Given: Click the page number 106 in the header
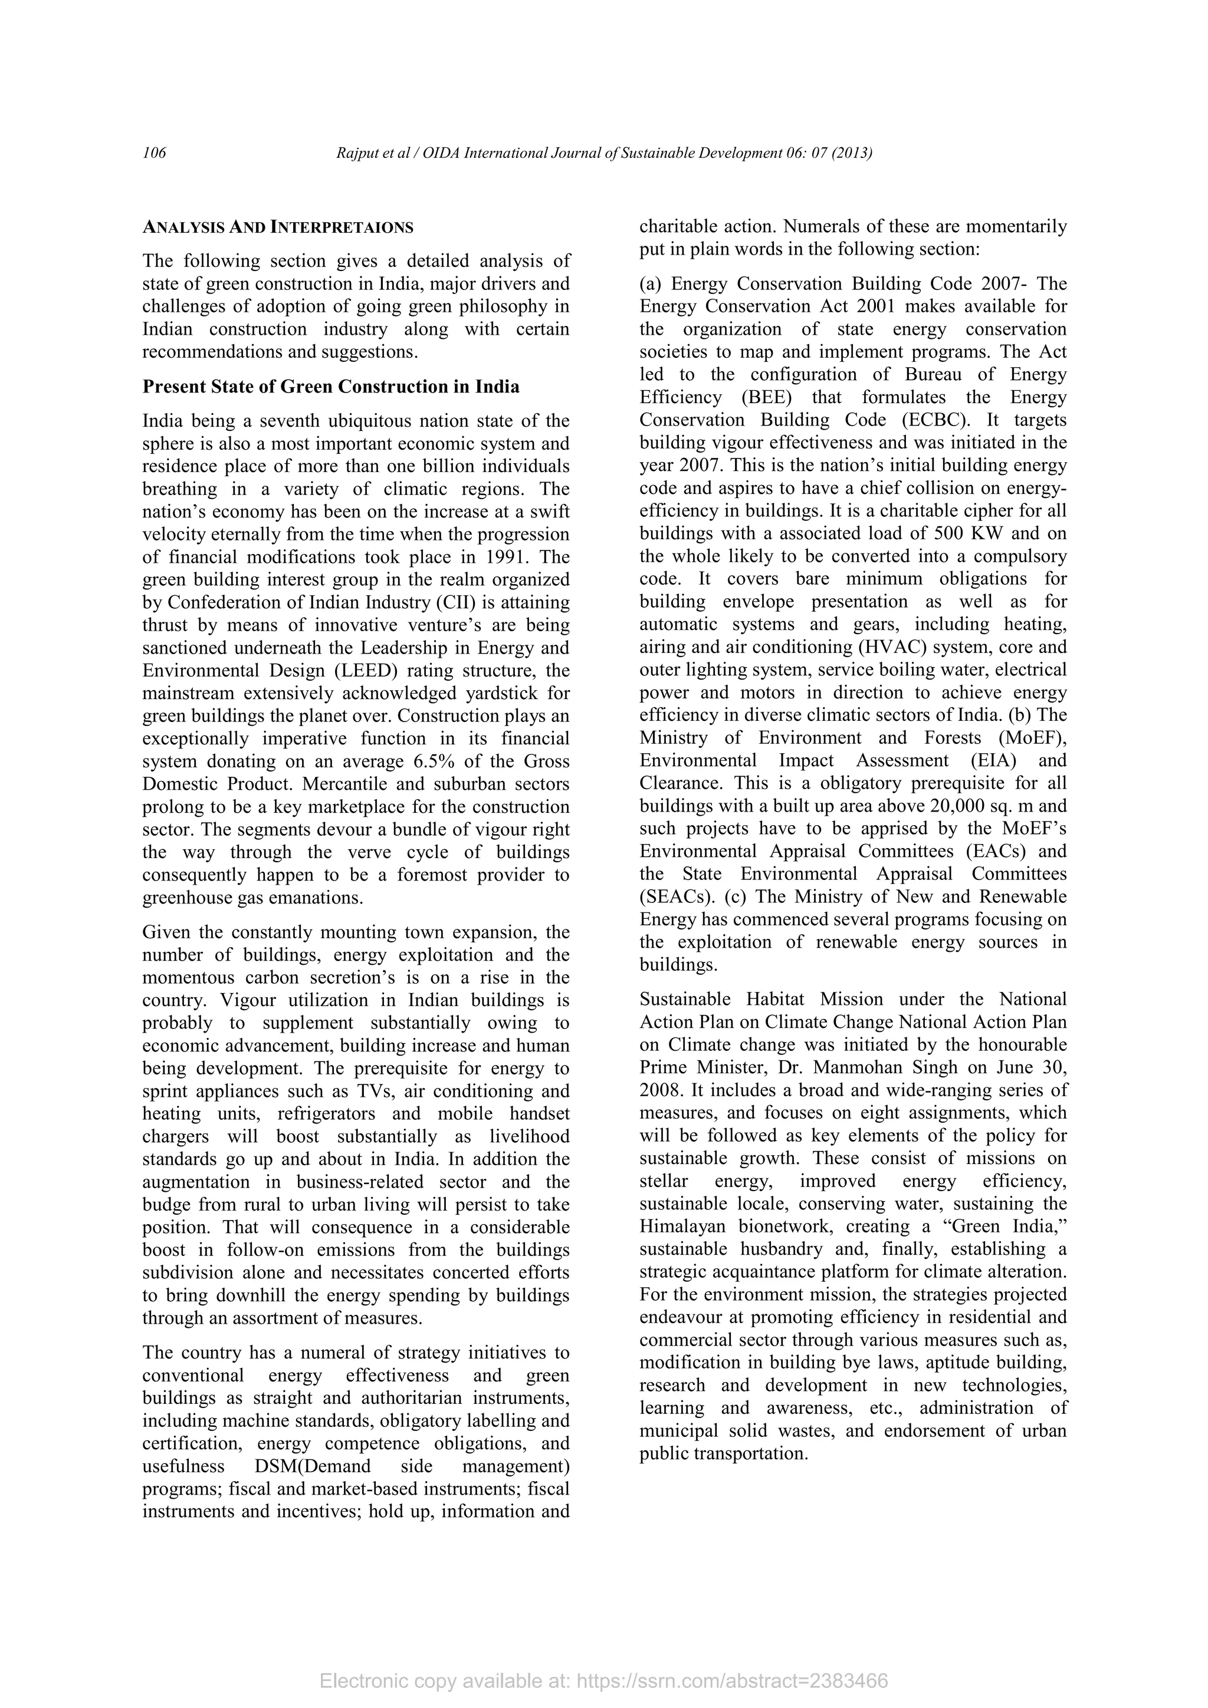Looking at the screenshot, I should click(x=154, y=153).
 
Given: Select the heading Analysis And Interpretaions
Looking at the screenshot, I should click(x=278, y=227).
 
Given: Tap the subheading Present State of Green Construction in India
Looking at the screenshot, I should click(x=330, y=387).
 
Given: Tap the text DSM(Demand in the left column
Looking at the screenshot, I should click(x=308, y=1466).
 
